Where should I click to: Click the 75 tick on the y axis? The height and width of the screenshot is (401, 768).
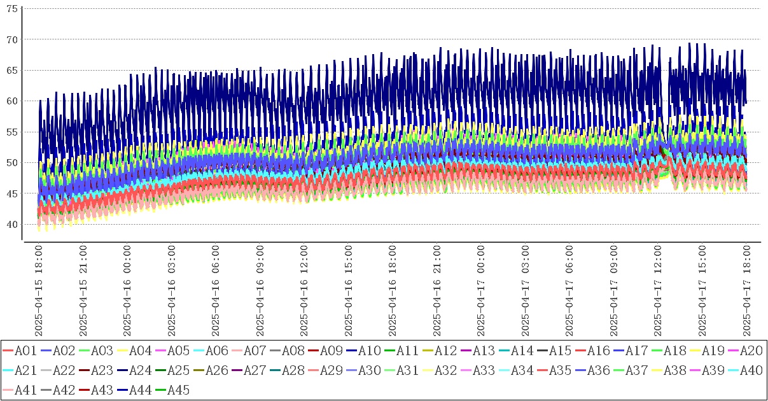[x=11, y=9]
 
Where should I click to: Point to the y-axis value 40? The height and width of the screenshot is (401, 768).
[x=11, y=224]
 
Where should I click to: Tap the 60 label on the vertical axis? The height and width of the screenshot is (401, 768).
[x=11, y=101]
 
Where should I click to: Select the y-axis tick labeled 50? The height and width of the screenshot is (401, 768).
[x=11, y=163]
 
